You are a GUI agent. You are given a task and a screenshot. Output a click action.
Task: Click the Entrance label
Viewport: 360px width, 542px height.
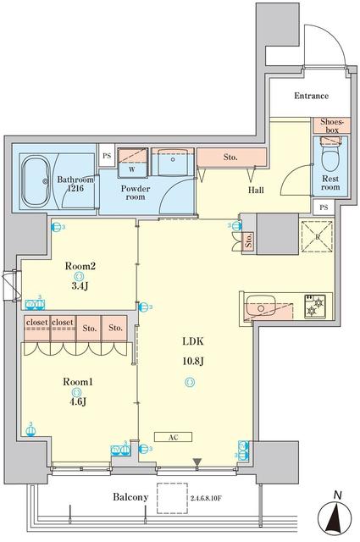312,97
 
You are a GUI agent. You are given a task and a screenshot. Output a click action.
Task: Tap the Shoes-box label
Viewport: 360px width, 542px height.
329,125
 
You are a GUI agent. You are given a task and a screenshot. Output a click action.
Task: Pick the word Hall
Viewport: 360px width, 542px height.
257,190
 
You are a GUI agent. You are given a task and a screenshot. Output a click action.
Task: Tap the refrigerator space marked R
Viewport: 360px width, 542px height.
318,235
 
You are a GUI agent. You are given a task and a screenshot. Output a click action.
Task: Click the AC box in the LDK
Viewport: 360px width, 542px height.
172,437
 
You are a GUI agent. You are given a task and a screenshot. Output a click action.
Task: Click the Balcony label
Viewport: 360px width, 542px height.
131,497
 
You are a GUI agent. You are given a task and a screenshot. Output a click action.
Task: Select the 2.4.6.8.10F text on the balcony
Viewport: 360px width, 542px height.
217,498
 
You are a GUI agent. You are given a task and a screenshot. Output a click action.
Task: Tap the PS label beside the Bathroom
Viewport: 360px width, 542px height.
107,157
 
